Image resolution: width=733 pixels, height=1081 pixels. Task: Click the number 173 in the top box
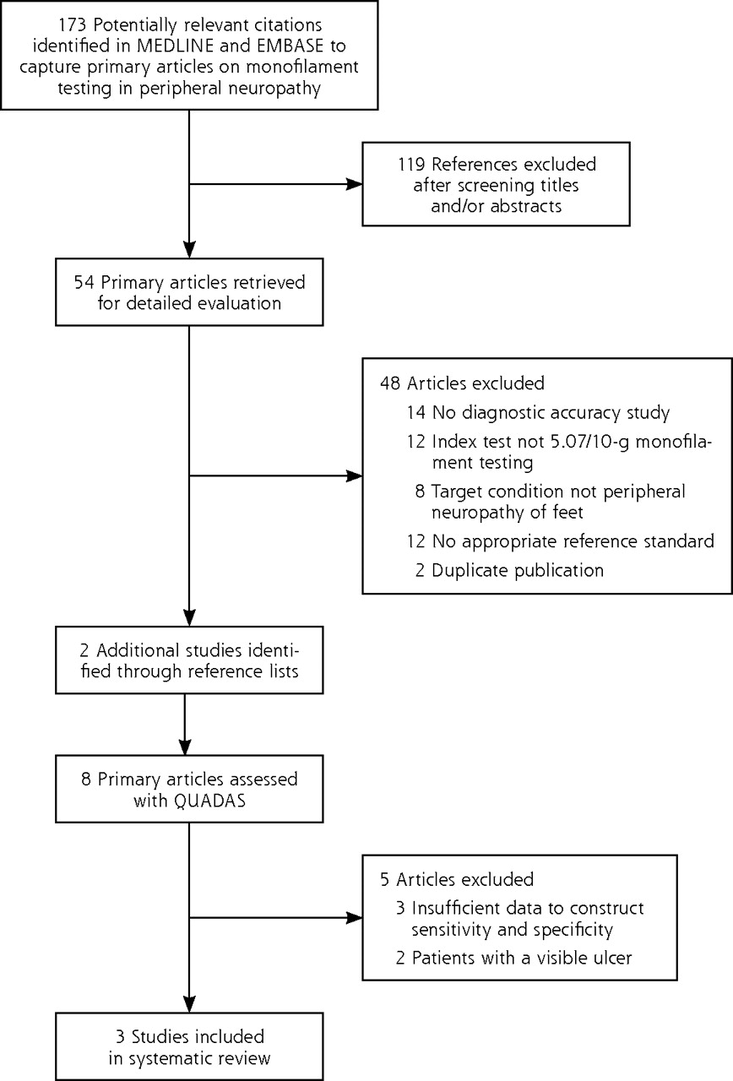coord(73,24)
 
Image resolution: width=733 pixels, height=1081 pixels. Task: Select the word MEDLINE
coord(175,46)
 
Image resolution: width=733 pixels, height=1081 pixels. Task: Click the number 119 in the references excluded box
coord(411,164)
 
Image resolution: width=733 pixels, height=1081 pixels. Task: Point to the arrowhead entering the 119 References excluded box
coord(355,184)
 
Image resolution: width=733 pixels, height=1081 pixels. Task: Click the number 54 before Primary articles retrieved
coord(84,282)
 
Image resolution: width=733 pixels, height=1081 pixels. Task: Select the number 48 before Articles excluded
coord(390,383)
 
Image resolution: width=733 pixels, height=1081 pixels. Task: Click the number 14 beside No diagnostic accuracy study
coord(416,412)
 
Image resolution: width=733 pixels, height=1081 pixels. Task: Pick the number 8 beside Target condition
coord(420,492)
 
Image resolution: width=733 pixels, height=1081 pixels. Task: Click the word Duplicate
coord(470,570)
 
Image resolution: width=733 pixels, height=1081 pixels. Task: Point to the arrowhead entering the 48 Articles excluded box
coord(355,475)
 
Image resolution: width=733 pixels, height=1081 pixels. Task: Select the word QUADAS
coord(209,801)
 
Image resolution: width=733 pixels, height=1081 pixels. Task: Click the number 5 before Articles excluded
coord(384,879)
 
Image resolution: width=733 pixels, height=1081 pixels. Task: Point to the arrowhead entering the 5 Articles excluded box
coord(355,917)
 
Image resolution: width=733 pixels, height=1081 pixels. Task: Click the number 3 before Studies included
coord(121,1036)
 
